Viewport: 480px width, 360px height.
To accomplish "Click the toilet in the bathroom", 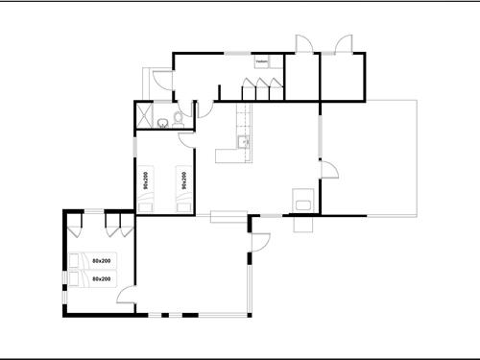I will tap(164, 121).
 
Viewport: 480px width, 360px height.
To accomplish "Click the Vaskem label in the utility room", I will tap(261, 60).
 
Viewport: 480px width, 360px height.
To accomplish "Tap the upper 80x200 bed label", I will tap(102, 261).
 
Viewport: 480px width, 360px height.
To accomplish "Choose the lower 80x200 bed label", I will tap(102, 278).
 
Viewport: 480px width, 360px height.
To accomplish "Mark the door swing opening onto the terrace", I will tap(329, 172).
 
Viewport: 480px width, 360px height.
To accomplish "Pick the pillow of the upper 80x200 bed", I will tap(77, 259).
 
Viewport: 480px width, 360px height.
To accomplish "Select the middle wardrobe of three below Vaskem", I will tap(260, 92).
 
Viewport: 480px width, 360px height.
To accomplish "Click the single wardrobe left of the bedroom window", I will tap(77, 228).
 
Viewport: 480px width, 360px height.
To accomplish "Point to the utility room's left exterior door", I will tap(163, 79).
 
